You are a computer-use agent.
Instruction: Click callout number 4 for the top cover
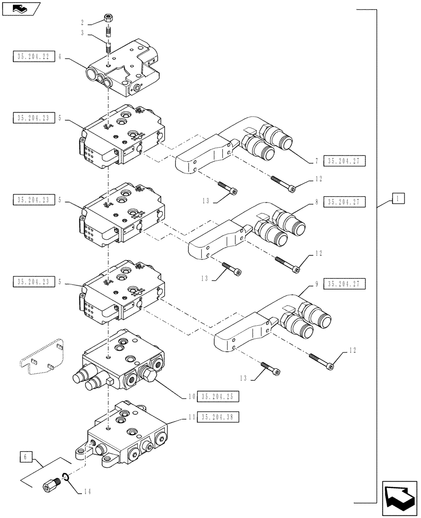61,57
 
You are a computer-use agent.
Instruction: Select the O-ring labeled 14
65,477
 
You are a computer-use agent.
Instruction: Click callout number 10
192,397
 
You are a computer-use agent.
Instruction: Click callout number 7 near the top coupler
316,162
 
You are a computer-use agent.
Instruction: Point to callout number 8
316,203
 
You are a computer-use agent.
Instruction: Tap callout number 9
316,284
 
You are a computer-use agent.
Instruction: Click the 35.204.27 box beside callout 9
345,284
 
